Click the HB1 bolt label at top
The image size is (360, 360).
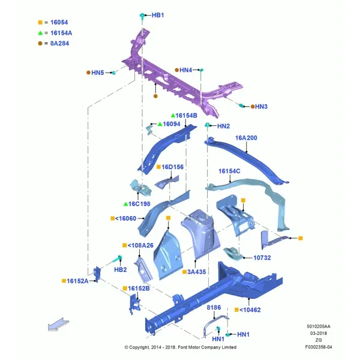(x=158, y=15)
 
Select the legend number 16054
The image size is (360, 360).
(x=59, y=22)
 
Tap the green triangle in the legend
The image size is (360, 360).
(x=40, y=33)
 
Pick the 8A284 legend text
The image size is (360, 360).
(x=59, y=43)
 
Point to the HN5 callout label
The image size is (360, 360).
(x=98, y=73)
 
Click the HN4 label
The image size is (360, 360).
(x=185, y=70)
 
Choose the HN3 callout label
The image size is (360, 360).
(x=261, y=107)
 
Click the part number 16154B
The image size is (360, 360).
(x=186, y=115)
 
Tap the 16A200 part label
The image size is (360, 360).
(x=246, y=138)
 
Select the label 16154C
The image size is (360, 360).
(x=229, y=171)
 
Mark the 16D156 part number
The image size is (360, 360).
(x=172, y=167)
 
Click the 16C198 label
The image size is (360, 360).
(x=139, y=204)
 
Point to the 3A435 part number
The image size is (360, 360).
(x=197, y=272)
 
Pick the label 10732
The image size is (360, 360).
(x=262, y=258)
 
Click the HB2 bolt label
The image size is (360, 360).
(x=121, y=269)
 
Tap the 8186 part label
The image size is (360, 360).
(x=214, y=307)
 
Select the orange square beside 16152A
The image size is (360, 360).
(x=64, y=281)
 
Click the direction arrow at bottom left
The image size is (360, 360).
(x=58, y=325)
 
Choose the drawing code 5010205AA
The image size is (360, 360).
(x=319, y=326)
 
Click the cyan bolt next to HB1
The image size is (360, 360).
(x=142, y=16)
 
